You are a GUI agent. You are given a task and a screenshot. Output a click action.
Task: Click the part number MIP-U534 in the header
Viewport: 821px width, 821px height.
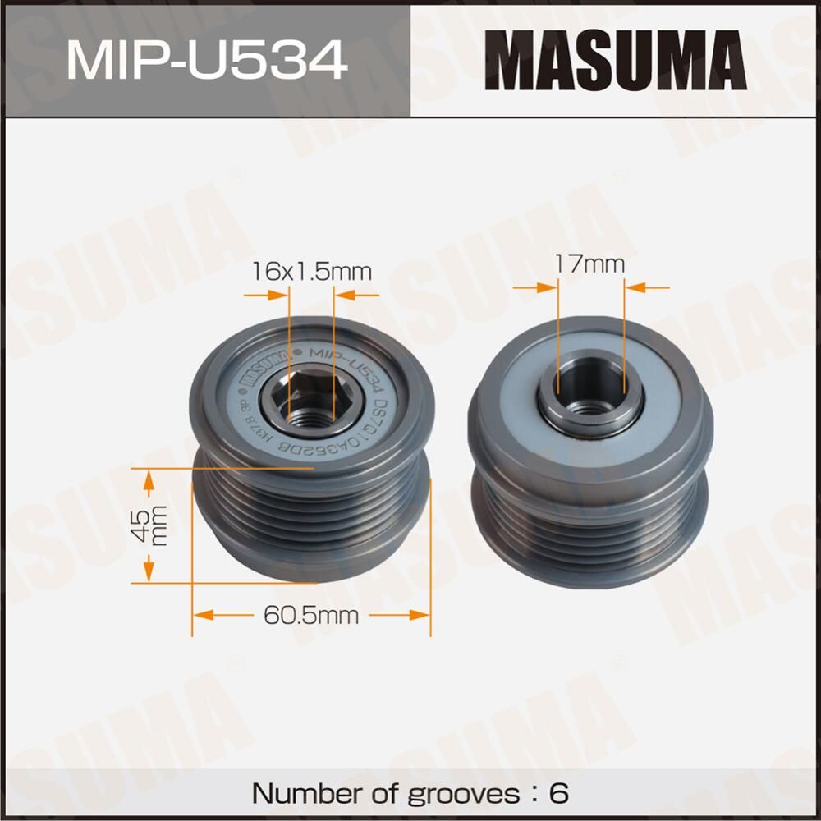coord(205,58)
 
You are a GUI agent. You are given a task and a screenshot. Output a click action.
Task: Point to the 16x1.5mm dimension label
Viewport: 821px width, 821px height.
coord(311,270)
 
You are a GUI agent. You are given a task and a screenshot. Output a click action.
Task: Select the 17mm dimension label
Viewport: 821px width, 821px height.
coord(589,264)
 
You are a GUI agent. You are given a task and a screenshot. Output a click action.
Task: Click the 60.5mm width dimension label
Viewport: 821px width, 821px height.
coord(311,614)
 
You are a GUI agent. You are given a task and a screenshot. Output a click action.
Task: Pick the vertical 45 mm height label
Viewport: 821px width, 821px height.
coord(149,525)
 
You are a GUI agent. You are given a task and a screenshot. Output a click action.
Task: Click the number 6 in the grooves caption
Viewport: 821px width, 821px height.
coord(558,794)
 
